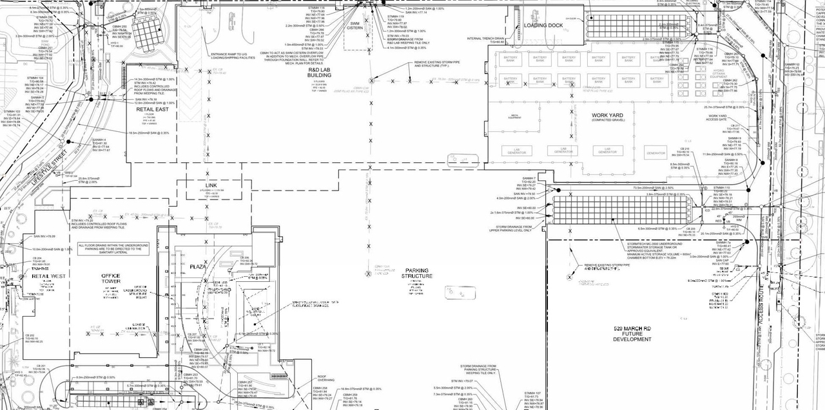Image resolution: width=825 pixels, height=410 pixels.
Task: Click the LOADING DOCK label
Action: (543, 26)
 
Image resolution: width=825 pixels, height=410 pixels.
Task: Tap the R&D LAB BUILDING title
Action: (318, 73)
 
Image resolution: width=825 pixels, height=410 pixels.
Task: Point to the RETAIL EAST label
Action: (152, 109)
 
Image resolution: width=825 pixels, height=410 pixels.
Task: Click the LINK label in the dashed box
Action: (211, 186)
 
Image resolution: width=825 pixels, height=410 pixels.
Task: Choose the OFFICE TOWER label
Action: (111, 279)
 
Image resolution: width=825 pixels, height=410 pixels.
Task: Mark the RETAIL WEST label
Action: (50, 277)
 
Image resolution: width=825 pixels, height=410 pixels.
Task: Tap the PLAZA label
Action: (197, 266)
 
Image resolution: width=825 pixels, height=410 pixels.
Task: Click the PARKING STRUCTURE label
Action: (417, 274)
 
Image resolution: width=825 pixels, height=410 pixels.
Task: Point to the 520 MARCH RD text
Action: (632, 329)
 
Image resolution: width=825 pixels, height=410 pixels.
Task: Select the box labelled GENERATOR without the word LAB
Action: (655, 153)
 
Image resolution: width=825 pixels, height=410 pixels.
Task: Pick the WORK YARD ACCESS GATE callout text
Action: (715, 118)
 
